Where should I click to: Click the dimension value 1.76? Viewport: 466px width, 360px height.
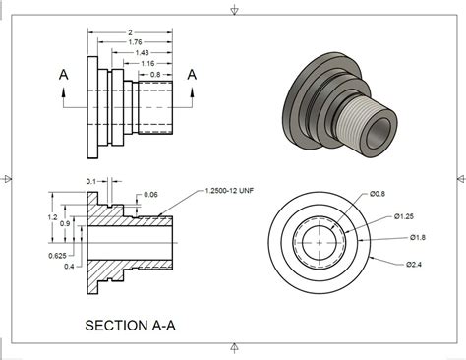[x=135, y=41]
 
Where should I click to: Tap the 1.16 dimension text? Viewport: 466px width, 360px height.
[x=148, y=63]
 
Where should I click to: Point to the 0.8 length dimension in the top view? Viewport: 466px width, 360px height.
[x=155, y=74]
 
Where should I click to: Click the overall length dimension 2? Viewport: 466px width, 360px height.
[x=131, y=31]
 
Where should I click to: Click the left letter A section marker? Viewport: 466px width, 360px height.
[x=64, y=75]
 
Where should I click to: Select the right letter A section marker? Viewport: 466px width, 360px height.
[x=192, y=74]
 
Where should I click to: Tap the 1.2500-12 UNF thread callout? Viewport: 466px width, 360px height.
[x=232, y=190]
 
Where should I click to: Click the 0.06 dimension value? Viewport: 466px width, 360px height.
[x=149, y=195]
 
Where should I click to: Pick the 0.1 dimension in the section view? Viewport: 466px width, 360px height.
[x=91, y=181]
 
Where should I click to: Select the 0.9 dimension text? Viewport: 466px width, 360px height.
[x=64, y=225]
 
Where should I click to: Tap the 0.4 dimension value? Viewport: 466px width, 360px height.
[x=67, y=267]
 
